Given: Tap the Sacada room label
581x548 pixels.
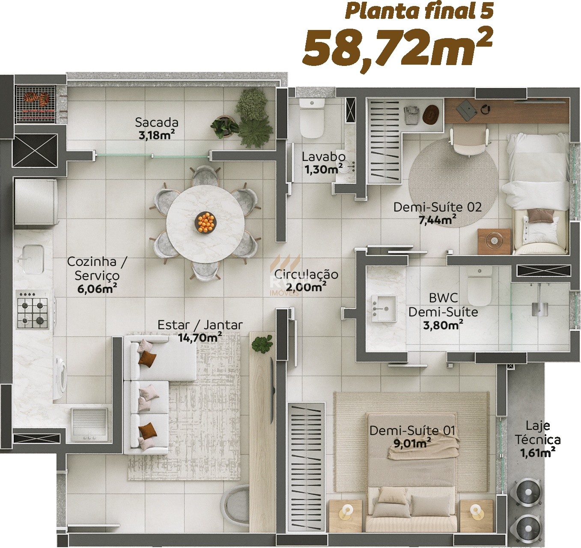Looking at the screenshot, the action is pos(157,122).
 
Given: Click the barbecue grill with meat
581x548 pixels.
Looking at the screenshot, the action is pos(36,104).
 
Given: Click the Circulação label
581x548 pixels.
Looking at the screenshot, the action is pos(306,274).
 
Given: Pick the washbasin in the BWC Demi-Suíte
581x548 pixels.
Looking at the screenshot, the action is pos(384,308).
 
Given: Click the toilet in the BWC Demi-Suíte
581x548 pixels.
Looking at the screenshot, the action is pos(479,286).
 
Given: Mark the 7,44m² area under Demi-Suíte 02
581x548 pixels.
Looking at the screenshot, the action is pos(437,219).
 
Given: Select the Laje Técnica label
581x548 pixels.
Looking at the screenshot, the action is pos(538,433).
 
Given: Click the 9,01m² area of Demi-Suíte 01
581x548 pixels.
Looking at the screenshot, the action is pos(412,443).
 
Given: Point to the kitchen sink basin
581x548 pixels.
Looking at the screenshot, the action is pos(33,259).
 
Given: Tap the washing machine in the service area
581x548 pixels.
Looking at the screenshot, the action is pos(60,376).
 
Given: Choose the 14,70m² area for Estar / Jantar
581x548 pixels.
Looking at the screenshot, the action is pos(200,337).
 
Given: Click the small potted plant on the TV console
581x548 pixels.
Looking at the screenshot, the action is pos(262,344).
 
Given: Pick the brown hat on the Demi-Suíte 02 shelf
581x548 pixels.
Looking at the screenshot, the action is pos(431,114).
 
